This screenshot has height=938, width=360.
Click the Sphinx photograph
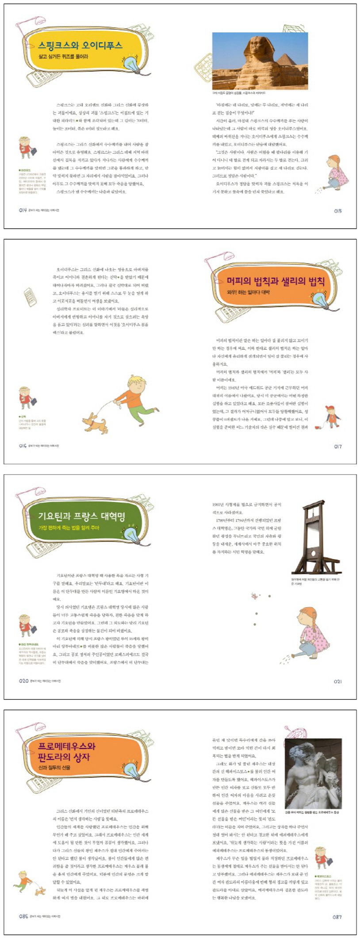pos(260,61)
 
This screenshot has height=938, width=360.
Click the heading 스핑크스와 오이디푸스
pos(80,45)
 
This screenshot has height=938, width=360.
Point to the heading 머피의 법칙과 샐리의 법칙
pos(276,281)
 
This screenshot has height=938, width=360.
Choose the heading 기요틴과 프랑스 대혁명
pos(82,516)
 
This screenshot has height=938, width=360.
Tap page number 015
pos(338,211)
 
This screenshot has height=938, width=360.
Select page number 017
pos(338,447)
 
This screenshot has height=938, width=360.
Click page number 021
pos(338,681)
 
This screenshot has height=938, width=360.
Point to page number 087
pos(337,917)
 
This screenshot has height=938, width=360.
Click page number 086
pos(23,916)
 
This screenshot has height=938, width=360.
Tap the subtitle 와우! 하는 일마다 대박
pos(248,292)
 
